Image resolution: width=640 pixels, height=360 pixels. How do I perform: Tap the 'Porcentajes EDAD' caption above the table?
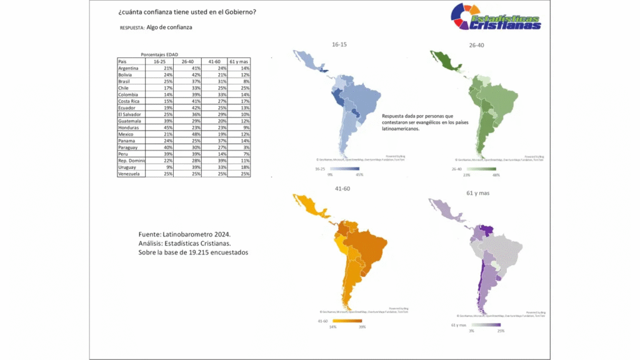pos(159,55)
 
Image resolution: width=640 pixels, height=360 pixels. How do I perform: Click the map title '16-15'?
pos(339,45)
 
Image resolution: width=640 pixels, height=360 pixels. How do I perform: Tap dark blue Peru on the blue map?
pos(338,99)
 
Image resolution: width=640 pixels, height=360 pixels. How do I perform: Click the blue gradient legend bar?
pos(344,169)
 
